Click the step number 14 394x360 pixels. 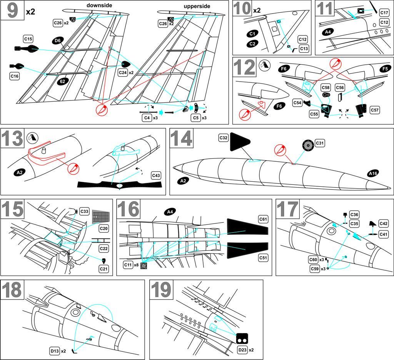pos(181,139)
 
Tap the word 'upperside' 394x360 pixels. pos(197,7)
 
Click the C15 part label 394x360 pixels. pos(28,39)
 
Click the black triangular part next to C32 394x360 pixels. pos(240,143)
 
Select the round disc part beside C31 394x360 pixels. pos(308,146)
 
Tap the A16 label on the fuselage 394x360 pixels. pos(372,174)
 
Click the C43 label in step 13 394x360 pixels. pos(156,176)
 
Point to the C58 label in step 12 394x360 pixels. pos(326,87)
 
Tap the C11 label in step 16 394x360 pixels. pos(128,265)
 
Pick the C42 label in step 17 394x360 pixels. pos(383,224)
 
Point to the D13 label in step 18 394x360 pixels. pos(54,351)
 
